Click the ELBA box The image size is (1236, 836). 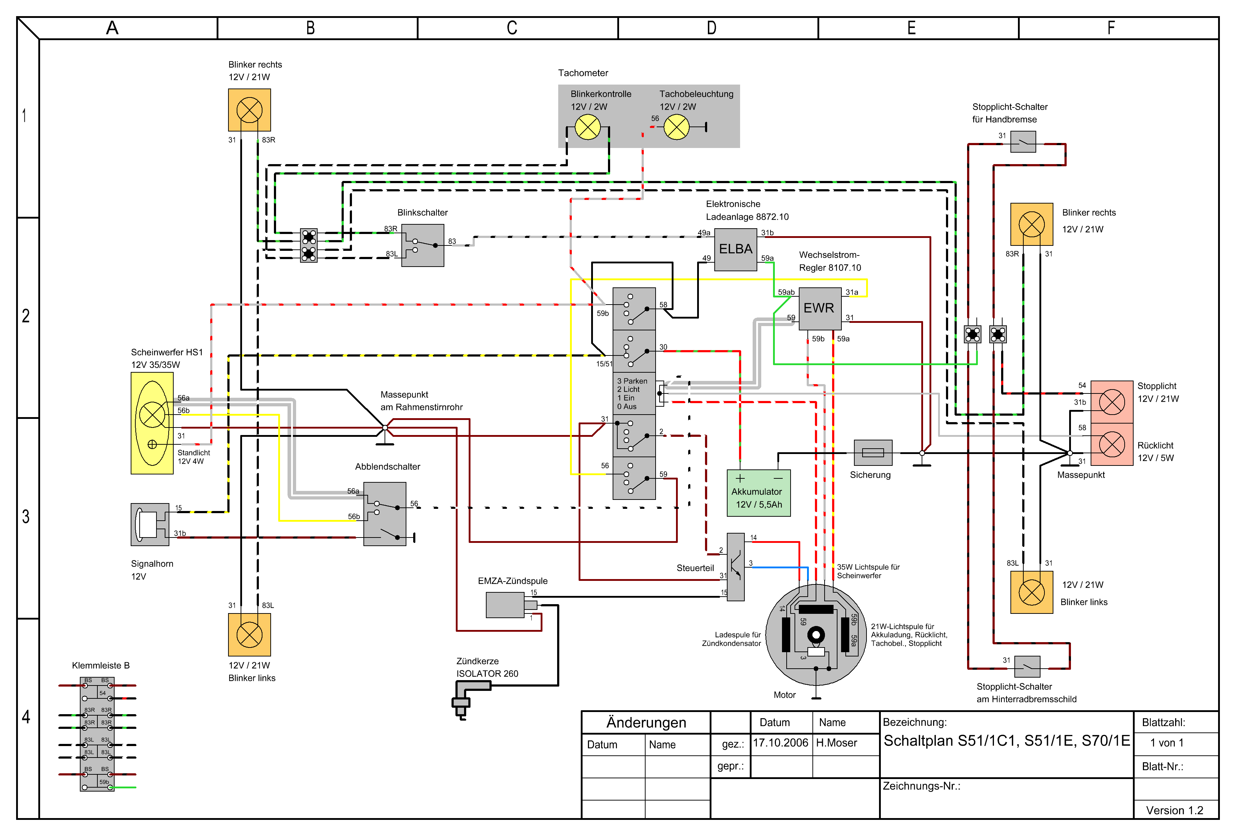735,249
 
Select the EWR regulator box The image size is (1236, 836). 820,309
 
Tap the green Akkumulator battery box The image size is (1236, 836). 758,493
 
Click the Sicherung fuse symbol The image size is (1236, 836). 873,453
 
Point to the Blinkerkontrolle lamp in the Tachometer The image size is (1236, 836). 588,127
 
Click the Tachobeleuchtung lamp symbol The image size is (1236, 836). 676,127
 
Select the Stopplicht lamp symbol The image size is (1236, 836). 1111,402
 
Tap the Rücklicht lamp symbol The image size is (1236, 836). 1111,444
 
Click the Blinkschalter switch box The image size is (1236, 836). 423,245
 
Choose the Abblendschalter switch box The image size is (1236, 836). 385,514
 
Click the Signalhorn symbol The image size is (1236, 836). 150,525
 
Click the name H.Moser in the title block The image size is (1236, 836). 836,743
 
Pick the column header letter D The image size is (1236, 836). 711,28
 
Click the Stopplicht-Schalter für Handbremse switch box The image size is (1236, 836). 1023,142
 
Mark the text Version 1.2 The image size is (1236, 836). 1174,811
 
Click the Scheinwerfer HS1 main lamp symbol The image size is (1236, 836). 152,415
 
